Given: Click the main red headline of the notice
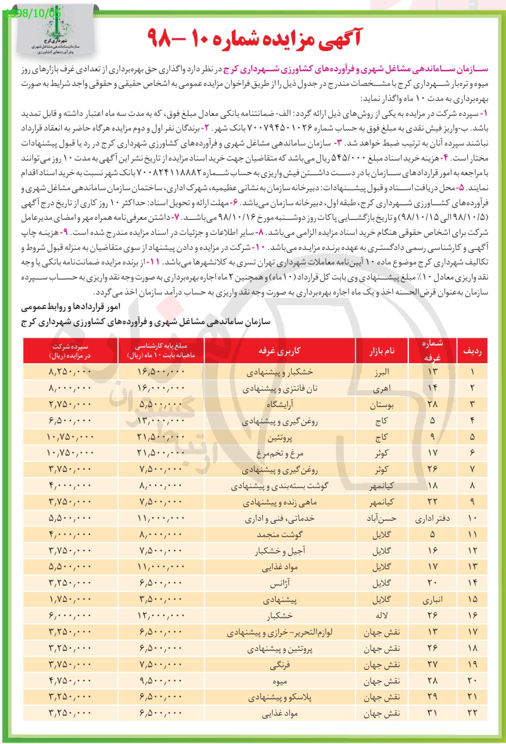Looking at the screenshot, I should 253,38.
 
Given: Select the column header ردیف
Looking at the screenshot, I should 472,351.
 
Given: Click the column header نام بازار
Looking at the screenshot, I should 381,351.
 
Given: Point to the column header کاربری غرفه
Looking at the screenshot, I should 280,350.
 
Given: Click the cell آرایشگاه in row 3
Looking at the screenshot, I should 280,404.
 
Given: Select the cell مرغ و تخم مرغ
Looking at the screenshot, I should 280,453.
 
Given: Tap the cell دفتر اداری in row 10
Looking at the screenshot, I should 432,518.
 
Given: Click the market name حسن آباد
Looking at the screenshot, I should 381,518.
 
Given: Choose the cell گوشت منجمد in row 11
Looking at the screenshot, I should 280,534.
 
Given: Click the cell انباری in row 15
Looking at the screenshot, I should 432,600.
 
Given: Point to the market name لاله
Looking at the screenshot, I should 381,616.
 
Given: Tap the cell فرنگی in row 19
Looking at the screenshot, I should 280,665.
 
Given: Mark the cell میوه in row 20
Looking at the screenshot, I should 280,681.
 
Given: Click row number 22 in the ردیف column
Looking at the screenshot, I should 472,713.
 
